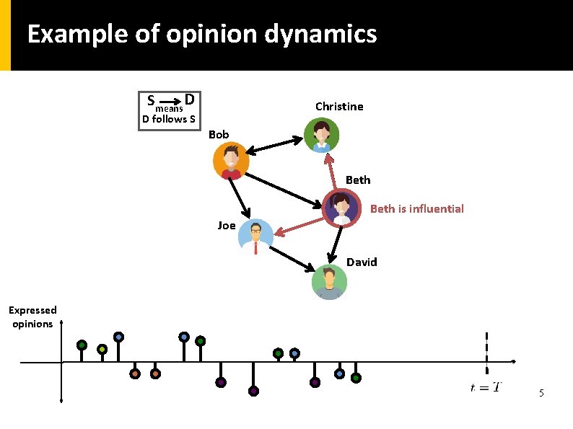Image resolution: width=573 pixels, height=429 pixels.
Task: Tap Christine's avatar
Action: [320, 135]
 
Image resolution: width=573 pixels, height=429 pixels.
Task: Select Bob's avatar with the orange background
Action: [231, 161]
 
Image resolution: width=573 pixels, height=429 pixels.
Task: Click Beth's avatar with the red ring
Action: [341, 208]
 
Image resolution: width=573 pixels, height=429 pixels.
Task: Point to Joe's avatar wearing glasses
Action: [255, 237]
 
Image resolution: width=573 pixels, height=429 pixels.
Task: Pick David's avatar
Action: [329, 281]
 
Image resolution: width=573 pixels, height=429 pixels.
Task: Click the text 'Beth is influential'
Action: [416, 209]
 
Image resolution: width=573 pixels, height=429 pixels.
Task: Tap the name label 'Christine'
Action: [339, 107]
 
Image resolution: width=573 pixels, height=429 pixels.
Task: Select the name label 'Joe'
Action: [227, 226]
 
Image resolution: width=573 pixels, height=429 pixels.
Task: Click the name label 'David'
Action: [362, 262]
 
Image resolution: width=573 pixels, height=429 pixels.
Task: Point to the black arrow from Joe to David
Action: [293, 258]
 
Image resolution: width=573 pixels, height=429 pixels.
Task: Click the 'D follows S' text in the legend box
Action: [169, 119]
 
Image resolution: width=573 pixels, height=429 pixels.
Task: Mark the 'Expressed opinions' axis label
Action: [32, 317]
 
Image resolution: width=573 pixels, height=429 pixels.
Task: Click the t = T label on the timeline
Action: [486, 388]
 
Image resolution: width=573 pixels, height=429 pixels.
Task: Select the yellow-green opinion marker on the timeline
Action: [102, 349]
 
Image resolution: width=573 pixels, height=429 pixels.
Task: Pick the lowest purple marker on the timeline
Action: [253, 391]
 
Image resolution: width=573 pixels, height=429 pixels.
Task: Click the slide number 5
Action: [541, 394]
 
